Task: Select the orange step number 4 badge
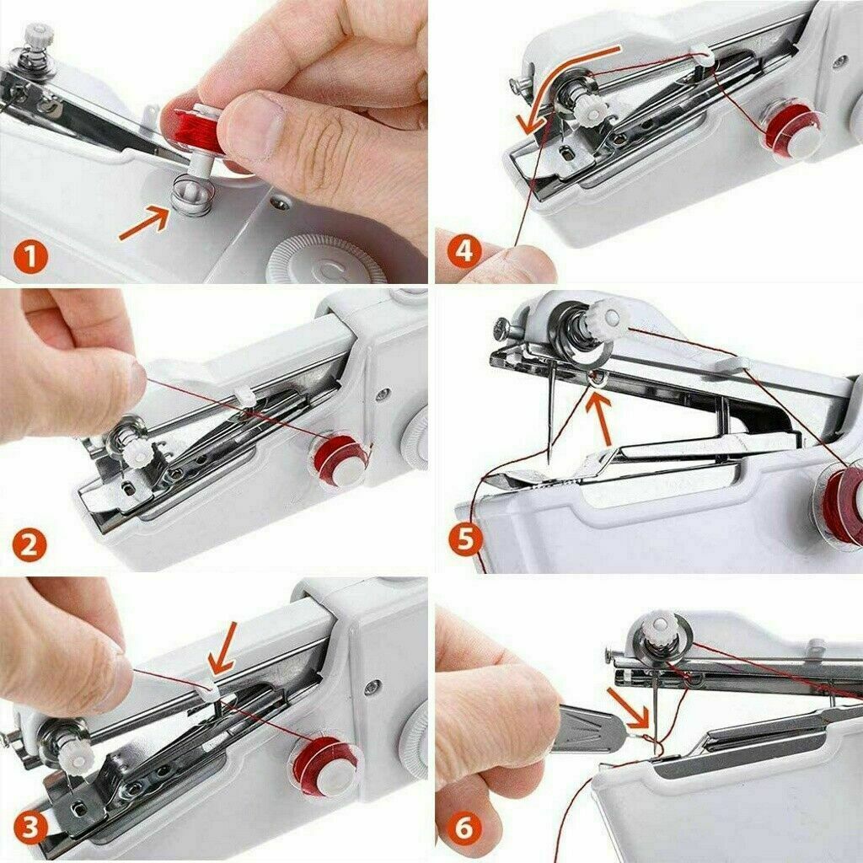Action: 464,252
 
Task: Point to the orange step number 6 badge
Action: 464,828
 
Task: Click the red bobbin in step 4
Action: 787,126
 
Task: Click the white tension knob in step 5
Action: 613,316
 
